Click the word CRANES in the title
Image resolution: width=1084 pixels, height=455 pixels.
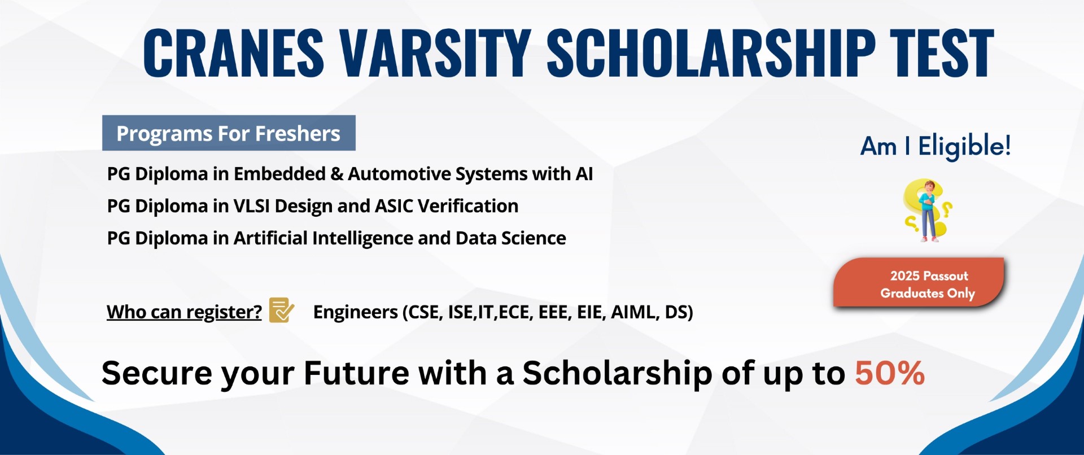pyautogui.click(x=233, y=53)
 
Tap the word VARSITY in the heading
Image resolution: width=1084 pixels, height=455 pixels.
pyautogui.click(x=435, y=53)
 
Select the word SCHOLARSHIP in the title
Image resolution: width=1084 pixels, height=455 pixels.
pyautogui.click(x=711, y=53)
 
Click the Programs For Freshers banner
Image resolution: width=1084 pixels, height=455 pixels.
pyautogui.click(x=229, y=133)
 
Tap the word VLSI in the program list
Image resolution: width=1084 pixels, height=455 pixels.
pyautogui.click(x=251, y=206)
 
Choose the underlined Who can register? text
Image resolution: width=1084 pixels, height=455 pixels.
pyautogui.click(x=184, y=312)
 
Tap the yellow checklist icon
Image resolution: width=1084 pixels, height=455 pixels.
pyautogui.click(x=281, y=310)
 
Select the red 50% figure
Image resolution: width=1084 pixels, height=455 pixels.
pyautogui.click(x=890, y=373)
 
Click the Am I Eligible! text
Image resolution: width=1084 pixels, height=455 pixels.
pyautogui.click(x=936, y=146)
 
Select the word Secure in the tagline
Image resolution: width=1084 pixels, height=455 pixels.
pyautogui.click(x=156, y=373)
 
